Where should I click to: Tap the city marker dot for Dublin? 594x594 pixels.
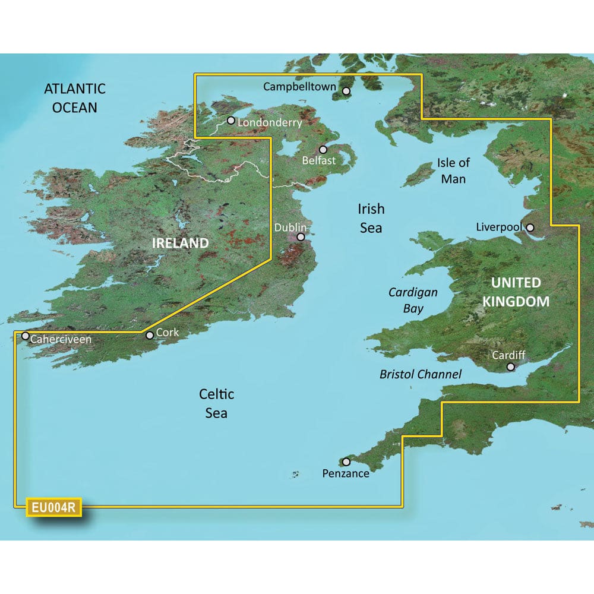[301, 236]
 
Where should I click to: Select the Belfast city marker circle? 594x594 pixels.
[323, 150]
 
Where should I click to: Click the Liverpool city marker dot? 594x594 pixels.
[530, 227]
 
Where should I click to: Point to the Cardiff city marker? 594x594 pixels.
[510, 367]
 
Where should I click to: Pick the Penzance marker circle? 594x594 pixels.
[346, 462]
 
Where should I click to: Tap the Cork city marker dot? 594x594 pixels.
[150, 336]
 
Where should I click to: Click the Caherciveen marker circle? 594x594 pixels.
[26, 336]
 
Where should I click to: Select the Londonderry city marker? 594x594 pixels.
[230, 121]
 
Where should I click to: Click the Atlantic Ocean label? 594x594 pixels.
[75, 98]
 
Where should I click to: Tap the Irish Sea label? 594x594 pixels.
[371, 218]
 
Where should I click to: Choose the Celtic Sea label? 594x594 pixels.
[216, 403]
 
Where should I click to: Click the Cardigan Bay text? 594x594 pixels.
[413, 300]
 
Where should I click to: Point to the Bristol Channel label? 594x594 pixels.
[421, 374]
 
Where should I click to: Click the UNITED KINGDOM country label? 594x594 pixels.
[515, 292]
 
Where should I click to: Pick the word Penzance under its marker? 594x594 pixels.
[346, 473]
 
